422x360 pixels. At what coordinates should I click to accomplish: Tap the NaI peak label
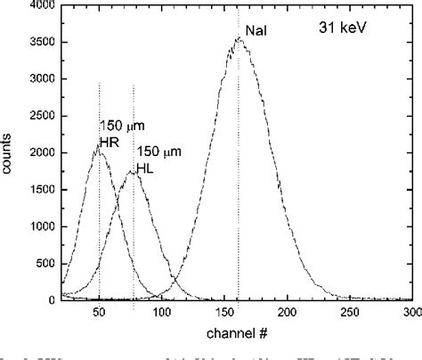pyautogui.click(x=257, y=30)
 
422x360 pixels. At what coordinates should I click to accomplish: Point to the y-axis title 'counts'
pyautogui.click(x=8, y=151)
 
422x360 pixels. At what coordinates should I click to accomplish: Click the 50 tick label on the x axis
pyautogui.click(x=99, y=313)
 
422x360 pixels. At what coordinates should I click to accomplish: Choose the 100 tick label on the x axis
pyautogui.click(x=161, y=313)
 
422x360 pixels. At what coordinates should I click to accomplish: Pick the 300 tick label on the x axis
pyautogui.click(x=410, y=313)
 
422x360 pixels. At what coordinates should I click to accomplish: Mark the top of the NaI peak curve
pyautogui.click(x=238, y=37)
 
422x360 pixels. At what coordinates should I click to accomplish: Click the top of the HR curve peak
pyautogui.click(x=99, y=151)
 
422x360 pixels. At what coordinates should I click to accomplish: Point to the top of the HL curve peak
pyautogui.click(x=133, y=171)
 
